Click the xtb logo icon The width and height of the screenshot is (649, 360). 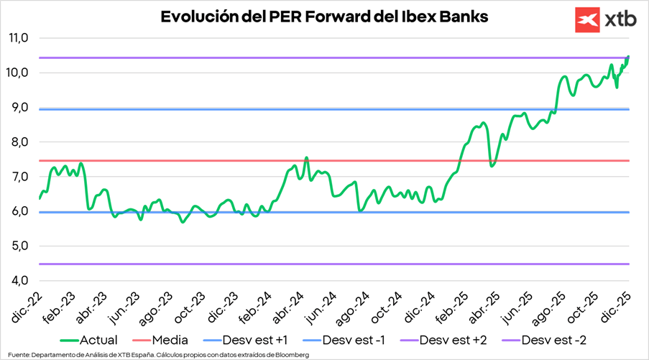tap(587, 20)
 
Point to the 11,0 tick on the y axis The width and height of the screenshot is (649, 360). tap(17, 38)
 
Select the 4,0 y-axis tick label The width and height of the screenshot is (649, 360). tap(17, 280)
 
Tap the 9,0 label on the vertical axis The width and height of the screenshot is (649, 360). tap(17, 108)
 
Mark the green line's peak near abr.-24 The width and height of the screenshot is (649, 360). tap(306, 158)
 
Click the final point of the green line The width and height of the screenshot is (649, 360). tap(629, 56)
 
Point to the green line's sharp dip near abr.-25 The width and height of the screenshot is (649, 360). tap(492, 166)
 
